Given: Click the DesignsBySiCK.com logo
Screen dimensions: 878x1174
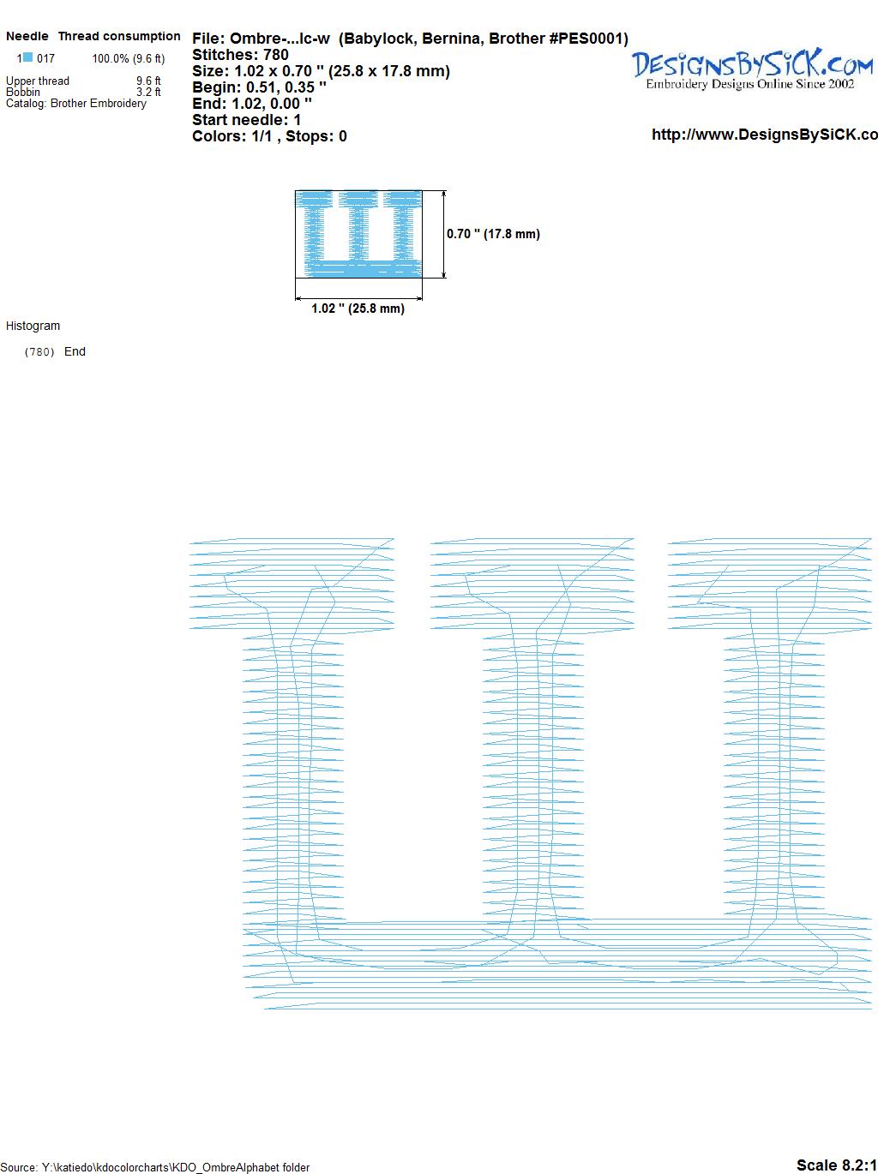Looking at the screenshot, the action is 752,69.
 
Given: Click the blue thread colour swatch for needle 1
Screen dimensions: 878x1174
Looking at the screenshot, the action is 27,57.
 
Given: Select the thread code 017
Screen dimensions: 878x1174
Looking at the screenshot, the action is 45,58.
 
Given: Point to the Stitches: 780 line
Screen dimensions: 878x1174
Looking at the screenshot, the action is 240,55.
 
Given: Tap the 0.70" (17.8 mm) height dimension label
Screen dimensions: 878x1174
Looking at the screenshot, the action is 493,234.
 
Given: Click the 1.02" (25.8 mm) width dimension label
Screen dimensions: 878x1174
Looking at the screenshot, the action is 358,308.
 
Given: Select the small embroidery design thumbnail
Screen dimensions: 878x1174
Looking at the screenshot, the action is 358,234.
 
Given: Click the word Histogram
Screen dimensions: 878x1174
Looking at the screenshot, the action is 33,326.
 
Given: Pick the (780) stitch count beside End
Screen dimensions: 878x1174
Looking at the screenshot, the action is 39,352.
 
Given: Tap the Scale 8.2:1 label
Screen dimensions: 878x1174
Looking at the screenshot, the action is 837,1165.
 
